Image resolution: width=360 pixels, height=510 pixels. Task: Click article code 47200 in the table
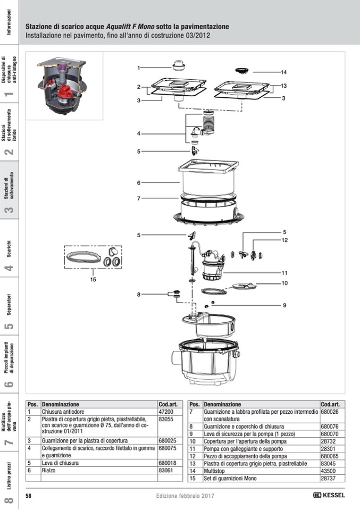pos(166,412)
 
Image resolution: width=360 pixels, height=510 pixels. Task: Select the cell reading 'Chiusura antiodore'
pos(63,412)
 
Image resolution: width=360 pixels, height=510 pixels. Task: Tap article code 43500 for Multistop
pos(328,471)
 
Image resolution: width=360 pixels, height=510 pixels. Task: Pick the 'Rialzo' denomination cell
pos(48,470)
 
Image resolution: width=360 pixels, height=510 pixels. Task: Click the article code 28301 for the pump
pos(328,448)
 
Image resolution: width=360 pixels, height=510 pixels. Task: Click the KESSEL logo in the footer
pos(329,495)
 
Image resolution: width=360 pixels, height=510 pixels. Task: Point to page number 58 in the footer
pos(28,496)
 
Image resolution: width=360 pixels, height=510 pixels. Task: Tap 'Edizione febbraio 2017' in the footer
pos(185,496)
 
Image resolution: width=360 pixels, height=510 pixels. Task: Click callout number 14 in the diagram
pos(284,72)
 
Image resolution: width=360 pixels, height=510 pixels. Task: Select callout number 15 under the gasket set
pos(93,279)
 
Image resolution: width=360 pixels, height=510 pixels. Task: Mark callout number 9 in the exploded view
pos(284,305)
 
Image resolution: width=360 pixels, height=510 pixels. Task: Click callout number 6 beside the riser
pos(139,183)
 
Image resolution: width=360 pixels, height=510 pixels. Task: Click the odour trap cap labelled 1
pos(178,65)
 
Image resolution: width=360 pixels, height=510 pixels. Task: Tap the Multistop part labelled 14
pos(241,71)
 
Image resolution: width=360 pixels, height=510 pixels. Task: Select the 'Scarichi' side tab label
pos(9,249)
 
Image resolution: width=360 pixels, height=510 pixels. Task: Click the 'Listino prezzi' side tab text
pos(9,476)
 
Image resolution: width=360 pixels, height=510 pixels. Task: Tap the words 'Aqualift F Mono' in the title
pos(130,27)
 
